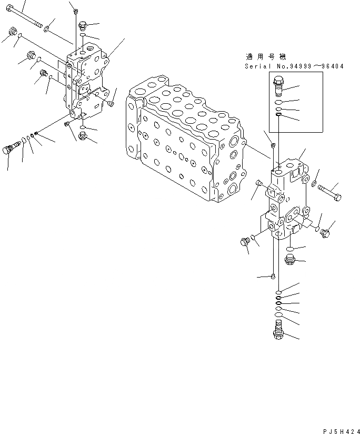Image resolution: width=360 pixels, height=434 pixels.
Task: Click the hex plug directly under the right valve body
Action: coord(289,259)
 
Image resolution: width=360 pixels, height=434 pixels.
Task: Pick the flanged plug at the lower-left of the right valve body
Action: coord(244,242)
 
